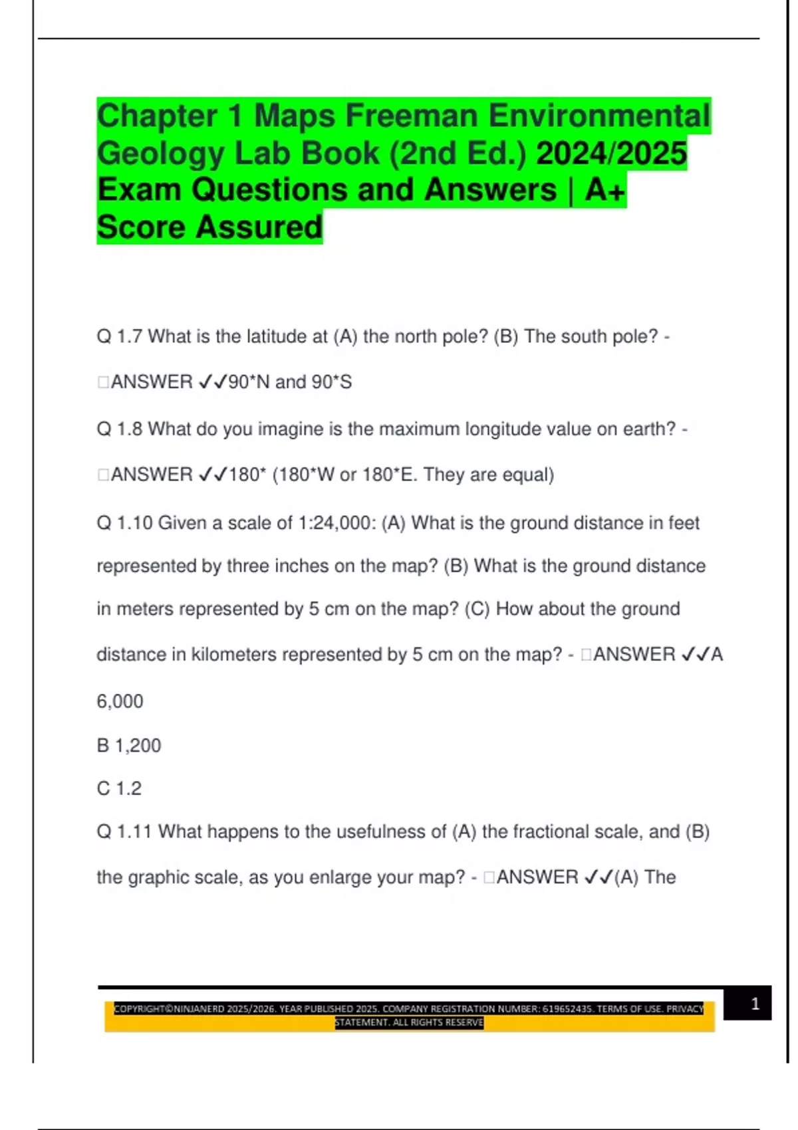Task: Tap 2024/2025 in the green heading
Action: (x=611, y=154)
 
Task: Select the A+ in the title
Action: (x=605, y=191)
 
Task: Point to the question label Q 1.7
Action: (x=120, y=337)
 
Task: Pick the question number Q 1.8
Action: (x=120, y=429)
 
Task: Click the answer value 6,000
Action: (x=120, y=701)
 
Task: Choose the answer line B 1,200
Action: (x=129, y=746)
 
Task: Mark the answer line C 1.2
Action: (x=119, y=789)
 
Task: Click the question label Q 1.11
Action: (x=124, y=832)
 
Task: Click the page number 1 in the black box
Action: (x=755, y=1004)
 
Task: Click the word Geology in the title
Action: (x=160, y=154)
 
